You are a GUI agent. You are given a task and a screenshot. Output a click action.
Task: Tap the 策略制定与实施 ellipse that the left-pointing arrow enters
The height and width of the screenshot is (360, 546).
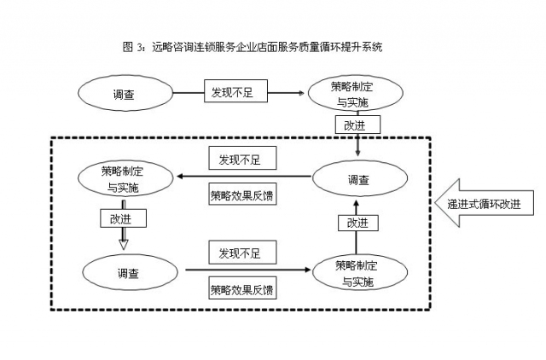tap(125, 178)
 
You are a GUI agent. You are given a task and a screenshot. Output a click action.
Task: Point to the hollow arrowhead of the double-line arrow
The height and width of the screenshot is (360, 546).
tap(124, 245)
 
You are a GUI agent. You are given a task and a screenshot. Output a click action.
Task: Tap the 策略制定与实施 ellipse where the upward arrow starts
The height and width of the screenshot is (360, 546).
tap(357, 272)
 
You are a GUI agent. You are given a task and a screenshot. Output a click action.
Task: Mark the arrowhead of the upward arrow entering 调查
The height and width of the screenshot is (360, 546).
tap(357, 204)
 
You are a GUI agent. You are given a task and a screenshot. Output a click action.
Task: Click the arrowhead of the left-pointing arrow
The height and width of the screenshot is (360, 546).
tap(181, 177)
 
